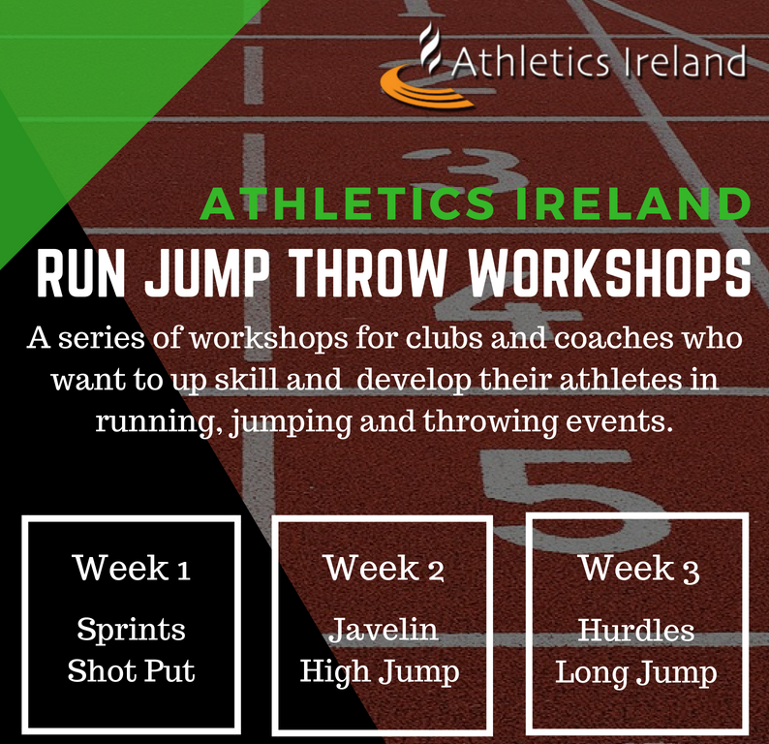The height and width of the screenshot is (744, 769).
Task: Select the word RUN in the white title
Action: tap(81, 275)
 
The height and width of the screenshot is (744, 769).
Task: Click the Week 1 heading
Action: tap(131, 569)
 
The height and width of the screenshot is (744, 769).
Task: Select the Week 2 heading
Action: tap(384, 569)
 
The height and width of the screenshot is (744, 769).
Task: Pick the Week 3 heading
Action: tap(637, 569)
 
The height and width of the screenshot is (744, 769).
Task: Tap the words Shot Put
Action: tap(131, 672)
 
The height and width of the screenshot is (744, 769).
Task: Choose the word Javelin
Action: tap(384, 631)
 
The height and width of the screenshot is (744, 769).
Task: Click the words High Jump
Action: tap(384, 672)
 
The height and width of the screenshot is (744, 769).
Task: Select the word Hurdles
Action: tap(636, 631)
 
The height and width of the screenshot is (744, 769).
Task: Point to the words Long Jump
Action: tap(636, 672)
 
